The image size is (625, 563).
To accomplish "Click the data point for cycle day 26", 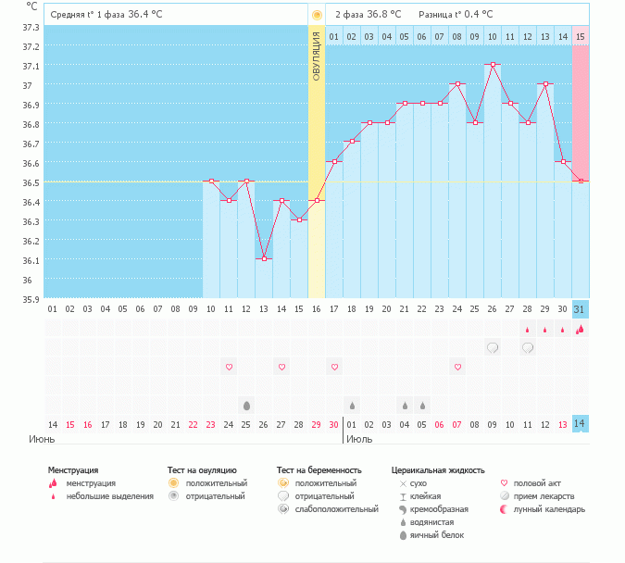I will tap(493, 65).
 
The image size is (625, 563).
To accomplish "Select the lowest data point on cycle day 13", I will tap(264, 258).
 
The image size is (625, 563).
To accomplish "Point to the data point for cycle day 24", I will tap(457, 84).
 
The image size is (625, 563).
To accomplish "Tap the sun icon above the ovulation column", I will tap(317, 15).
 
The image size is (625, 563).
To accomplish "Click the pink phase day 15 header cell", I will tap(581, 36).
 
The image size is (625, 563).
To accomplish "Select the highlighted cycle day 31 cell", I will tap(580, 309).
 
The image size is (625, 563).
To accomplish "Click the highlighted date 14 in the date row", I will tap(580, 424).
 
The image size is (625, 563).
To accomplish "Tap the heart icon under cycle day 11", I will tap(229, 368).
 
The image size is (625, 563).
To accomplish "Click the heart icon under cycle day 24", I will tap(457, 368).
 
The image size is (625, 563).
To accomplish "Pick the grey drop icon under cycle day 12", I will tap(246, 406).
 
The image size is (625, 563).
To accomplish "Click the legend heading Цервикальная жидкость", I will tap(438, 470).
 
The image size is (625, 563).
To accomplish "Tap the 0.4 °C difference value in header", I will tap(474, 14).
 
